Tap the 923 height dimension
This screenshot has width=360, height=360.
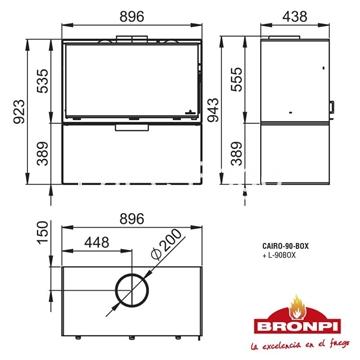(x=15, y=125)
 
